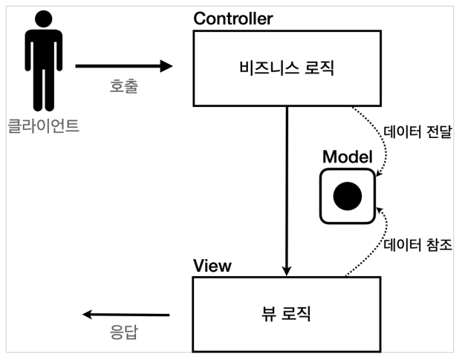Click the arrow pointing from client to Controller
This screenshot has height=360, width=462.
[123, 67]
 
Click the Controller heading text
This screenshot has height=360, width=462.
[232, 19]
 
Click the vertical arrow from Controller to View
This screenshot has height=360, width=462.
[287, 189]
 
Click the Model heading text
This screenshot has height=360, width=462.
[347, 157]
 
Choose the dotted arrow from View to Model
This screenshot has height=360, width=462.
[371, 245]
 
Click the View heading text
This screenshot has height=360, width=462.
[212, 266]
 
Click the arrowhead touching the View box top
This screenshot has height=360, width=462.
[287, 270]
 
